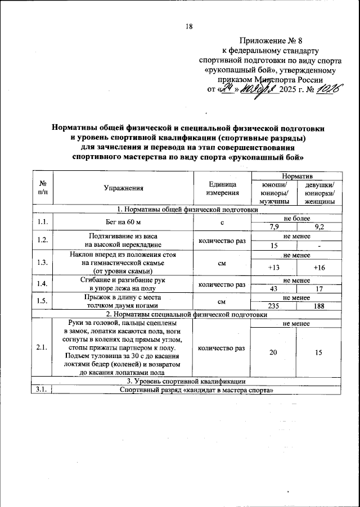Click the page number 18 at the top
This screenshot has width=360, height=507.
pos(189,26)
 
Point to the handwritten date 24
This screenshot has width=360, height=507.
pos(226,89)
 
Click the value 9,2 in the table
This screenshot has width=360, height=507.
pos(319,227)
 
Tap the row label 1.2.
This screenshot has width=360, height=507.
pos(41,240)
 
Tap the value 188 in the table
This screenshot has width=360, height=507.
pos(319,306)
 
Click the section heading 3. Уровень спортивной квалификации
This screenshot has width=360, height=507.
pos(186,382)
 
